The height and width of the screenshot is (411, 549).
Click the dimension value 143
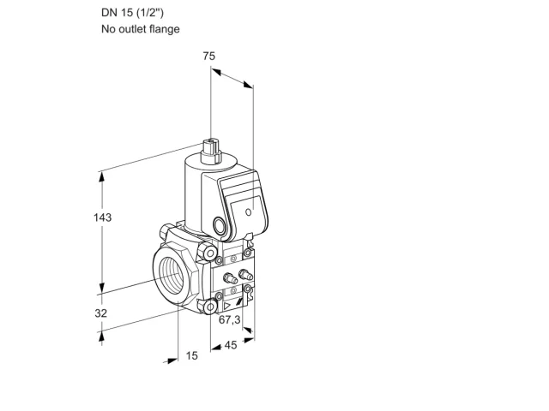(102, 217)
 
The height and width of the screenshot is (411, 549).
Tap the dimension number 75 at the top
(209, 56)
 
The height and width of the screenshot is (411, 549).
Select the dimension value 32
(101, 313)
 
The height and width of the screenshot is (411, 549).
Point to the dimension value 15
(191, 356)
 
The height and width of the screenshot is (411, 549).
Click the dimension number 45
(231, 345)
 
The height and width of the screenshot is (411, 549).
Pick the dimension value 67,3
(230, 319)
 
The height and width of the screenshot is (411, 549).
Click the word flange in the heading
(164, 28)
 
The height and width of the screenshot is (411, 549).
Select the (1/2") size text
(149, 13)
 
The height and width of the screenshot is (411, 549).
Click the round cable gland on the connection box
(220, 225)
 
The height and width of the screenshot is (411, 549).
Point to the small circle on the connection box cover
(248, 212)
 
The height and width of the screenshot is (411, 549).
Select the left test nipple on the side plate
(230, 277)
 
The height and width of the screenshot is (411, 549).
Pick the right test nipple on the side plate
(245, 274)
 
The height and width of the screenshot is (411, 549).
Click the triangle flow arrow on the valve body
(226, 307)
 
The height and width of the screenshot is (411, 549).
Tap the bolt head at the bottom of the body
(209, 307)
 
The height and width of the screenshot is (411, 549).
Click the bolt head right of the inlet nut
(208, 253)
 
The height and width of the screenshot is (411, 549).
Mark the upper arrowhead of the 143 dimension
(102, 176)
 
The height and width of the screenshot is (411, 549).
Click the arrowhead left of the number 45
(216, 347)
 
